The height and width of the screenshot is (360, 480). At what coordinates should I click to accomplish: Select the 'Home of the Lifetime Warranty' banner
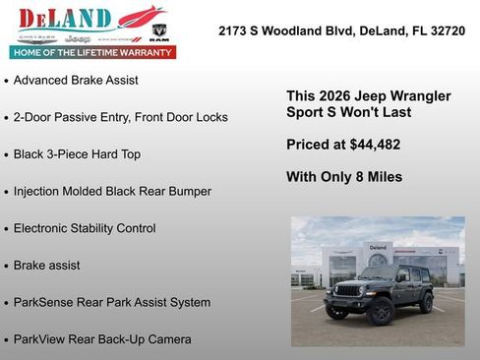click(x=93, y=52)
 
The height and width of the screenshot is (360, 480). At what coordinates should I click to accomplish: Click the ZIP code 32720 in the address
click(x=446, y=31)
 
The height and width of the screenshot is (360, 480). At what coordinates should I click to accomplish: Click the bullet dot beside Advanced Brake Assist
click(x=7, y=81)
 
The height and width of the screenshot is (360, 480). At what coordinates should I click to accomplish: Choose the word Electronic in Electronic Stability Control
click(x=44, y=228)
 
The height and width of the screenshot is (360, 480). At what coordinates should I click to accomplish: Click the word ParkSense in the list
click(x=44, y=302)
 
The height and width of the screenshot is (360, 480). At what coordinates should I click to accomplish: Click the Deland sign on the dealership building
click(x=378, y=247)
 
